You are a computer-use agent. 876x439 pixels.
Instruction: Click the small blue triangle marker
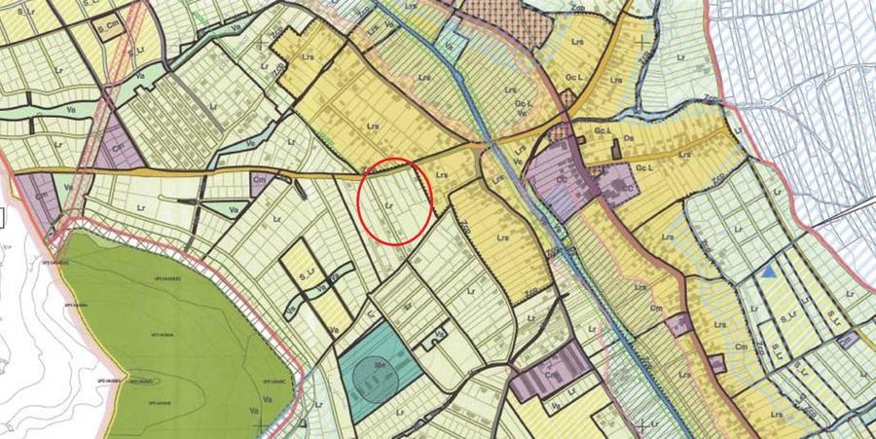pos(769,274)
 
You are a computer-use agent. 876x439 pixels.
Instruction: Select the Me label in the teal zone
pos(370,361)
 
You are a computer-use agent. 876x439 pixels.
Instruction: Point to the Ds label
pos(629,140)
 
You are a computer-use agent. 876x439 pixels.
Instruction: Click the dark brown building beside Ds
pos(616,150)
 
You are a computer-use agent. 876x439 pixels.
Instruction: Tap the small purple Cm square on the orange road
pos(260,180)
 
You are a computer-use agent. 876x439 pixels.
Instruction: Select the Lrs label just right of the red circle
pos(442,176)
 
